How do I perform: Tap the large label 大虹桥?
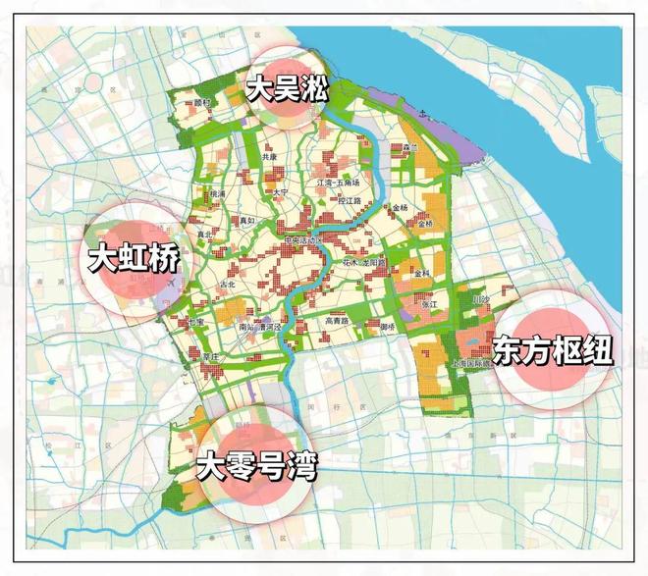pyautogui.click(x=135, y=260)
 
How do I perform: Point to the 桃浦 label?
pyautogui.click(x=217, y=194)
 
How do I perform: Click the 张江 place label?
pyautogui.click(x=429, y=305)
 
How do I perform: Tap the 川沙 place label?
pyautogui.click(x=480, y=300)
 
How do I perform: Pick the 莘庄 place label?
pyautogui.click(x=209, y=357)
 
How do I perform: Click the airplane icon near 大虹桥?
pyautogui.click(x=173, y=282)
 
